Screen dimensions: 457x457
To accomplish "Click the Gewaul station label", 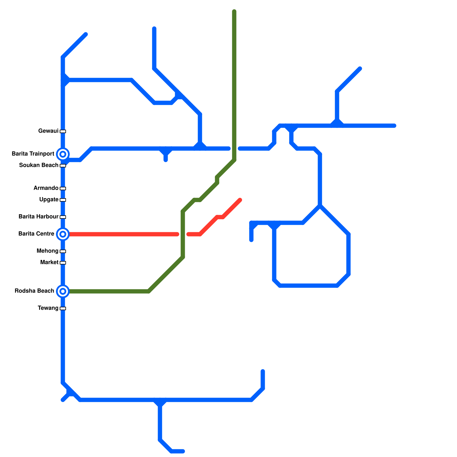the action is [x=48, y=131].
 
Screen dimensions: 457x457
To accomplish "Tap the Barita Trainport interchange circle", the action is [x=63, y=154].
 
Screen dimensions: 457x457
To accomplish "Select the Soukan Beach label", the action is [x=39, y=165].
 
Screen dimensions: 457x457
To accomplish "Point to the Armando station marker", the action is [x=63, y=189].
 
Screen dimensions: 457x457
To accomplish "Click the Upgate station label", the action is [x=49, y=200].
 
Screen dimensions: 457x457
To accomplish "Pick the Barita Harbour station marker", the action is [x=63, y=217].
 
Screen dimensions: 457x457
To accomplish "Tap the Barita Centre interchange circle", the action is [x=63, y=234].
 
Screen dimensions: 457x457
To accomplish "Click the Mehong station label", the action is [x=47, y=251].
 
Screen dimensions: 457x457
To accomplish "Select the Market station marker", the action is [x=63, y=263].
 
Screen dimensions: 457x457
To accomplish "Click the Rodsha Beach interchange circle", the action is [x=63, y=291].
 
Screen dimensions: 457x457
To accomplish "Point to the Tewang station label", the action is [x=48, y=308].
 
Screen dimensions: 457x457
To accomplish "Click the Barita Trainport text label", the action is [x=33, y=154].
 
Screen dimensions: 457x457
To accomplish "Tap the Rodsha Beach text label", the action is [x=34, y=291].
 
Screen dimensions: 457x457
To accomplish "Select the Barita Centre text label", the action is [x=36, y=234].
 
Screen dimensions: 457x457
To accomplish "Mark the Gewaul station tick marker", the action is [x=63, y=131].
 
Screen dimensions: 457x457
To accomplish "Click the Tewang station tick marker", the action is [x=63, y=308].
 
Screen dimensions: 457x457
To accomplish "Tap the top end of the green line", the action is [x=234, y=12].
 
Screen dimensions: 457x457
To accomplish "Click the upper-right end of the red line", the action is [x=240, y=200].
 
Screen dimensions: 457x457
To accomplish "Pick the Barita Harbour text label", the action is [x=39, y=217].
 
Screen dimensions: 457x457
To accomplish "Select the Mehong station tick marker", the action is [x=63, y=251].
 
